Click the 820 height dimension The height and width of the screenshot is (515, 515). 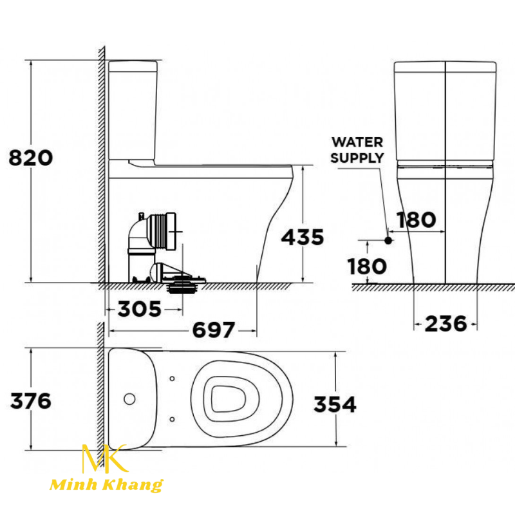pyautogui.click(x=30, y=158)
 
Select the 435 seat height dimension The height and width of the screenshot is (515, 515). pyautogui.click(x=303, y=237)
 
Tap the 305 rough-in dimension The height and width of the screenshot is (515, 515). pyautogui.click(x=140, y=309)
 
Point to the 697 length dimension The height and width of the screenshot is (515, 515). pyautogui.click(x=214, y=330)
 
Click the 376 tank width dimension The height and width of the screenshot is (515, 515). pyautogui.click(x=30, y=400)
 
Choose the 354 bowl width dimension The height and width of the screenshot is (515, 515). pyautogui.click(x=335, y=404)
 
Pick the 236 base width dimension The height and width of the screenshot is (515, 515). pyautogui.click(x=445, y=324)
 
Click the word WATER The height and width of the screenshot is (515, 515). pyautogui.click(x=357, y=142)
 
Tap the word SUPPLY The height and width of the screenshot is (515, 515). pyautogui.click(x=357, y=158)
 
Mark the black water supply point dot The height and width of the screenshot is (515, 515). pyautogui.click(x=388, y=241)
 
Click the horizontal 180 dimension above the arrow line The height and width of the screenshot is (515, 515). pyautogui.click(x=416, y=220)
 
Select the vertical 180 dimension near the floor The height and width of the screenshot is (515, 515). pyautogui.click(x=367, y=267)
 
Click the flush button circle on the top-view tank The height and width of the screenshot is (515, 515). pyautogui.click(x=129, y=398)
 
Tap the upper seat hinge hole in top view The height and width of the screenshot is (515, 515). pyautogui.click(x=172, y=379)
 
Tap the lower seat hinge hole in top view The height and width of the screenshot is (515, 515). pyautogui.click(x=172, y=420)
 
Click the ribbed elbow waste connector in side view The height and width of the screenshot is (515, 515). pyautogui.click(x=153, y=232)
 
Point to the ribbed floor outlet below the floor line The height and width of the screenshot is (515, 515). pyautogui.click(x=183, y=288)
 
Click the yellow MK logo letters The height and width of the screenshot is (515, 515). pyautogui.click(x=104, y=459)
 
